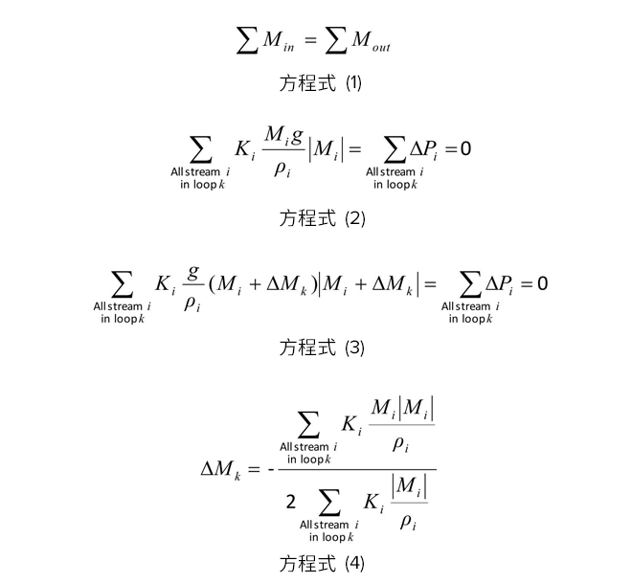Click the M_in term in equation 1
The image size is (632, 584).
(278, 41)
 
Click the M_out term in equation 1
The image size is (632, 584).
(371, 41)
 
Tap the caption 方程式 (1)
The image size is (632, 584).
(321, 83)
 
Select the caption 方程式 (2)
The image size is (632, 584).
(322, 218)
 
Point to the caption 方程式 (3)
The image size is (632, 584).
(322, 348)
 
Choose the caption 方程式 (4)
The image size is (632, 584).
(322, 563)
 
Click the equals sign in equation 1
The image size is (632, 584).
(310, 39)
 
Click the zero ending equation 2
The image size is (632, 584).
(465, 148)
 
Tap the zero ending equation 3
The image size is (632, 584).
(543, 283)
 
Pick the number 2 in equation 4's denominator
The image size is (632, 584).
(290, 502)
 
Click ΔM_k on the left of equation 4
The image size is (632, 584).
(220, 469)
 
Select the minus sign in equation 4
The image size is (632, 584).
(271, 469)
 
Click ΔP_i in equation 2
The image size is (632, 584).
(423, 150)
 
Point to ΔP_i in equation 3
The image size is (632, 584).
(500, 284)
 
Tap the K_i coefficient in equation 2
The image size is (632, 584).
(244, 150)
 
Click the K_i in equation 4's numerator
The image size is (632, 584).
(351, 425)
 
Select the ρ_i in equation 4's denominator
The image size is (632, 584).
(408, 523)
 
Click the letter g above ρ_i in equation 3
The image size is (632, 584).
(193, 273)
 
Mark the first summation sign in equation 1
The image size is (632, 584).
(247, 40)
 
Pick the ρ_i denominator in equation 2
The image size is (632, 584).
(282, 168)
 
